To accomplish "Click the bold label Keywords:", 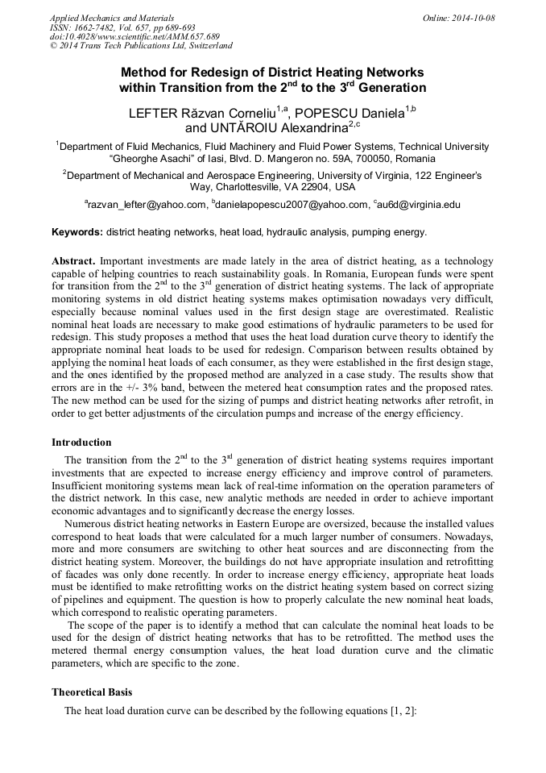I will click(x=77, y=232).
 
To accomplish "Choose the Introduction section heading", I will click(x=81, y=442).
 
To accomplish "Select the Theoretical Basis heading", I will click(x=92, y=692).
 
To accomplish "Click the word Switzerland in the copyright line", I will click(x=203, y=47).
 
